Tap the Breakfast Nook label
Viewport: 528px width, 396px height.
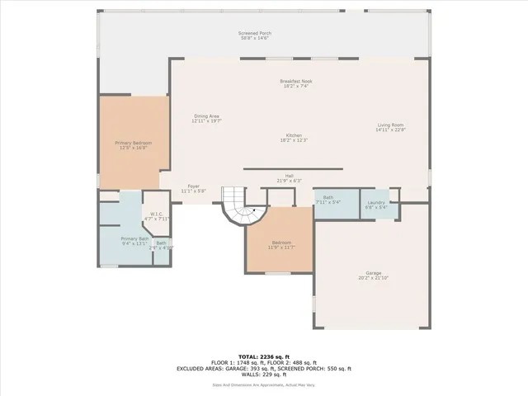click(x=295, y=83)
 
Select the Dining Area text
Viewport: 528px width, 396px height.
click(x=206, y=119)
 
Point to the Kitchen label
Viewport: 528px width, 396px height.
click(x=294, y=137)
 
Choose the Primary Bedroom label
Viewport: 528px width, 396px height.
click(x=132, y=145)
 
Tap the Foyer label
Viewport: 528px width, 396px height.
click(x=193, y=188)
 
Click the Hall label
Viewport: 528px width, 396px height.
click(x=290, y=177)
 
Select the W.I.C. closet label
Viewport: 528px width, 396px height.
click(x=156, y=216)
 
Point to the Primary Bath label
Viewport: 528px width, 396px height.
click(x=134, y=240)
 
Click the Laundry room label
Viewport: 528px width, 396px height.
click(x=376, y=204)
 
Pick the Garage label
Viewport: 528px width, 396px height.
click(x=374, y=275)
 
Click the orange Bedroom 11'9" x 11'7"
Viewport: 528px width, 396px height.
click(x=280, y=244)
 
